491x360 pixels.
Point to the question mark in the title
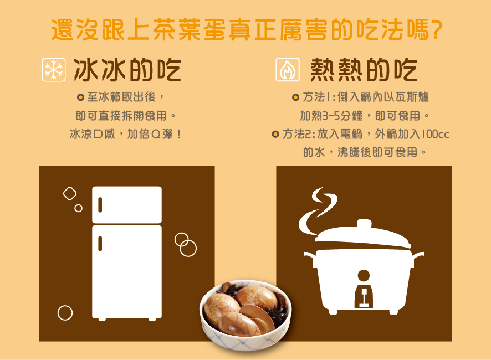coord(435,29)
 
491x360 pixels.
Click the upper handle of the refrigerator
coord(100,204)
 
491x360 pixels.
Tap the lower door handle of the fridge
coord(100,242)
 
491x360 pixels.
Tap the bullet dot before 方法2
coord(275,133)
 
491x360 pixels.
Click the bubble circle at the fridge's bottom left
coord(65,313)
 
